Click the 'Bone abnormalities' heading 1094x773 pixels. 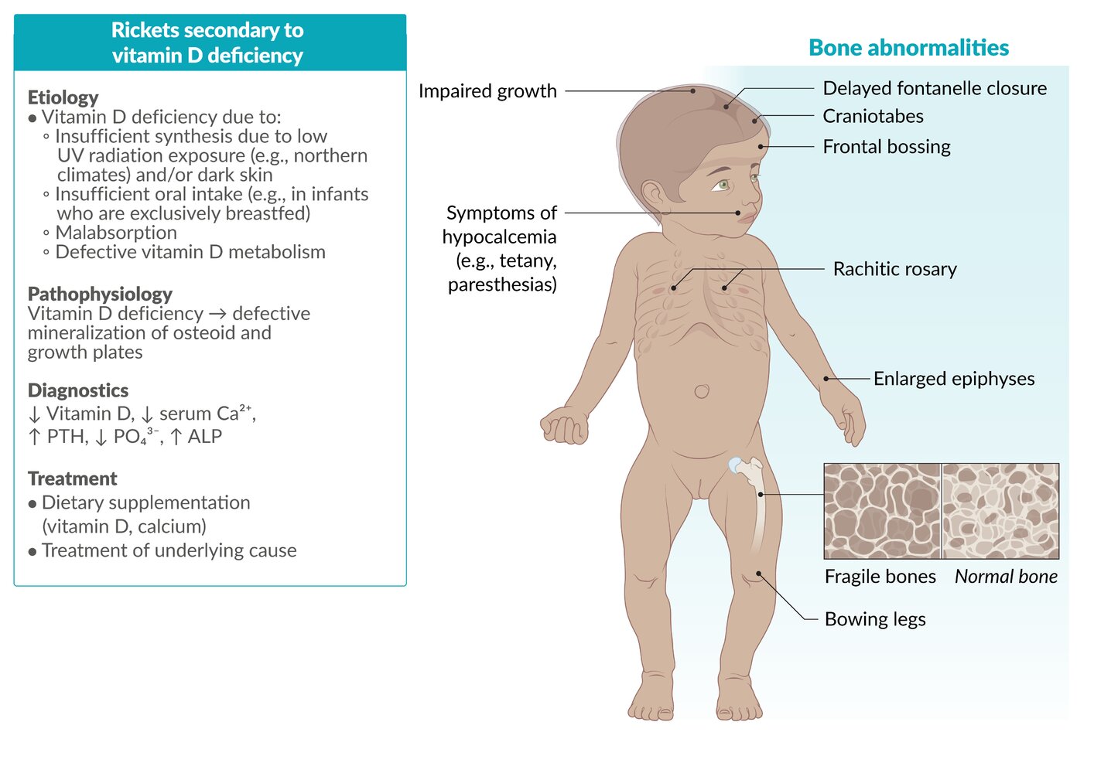[908, 48]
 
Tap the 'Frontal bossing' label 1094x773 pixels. [886, 147]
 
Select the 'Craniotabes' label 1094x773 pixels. [873, 116]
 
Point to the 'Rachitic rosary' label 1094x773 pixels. [894, 269]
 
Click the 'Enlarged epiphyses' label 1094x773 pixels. [953, 379]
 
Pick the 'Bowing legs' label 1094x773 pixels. [874, 619]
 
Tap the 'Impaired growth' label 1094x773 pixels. [487, 91]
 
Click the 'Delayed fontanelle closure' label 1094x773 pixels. [934, 89]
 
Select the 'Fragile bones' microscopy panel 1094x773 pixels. [882, 511]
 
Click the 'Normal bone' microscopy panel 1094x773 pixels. [1000, 511]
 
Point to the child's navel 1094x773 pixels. [702, 391]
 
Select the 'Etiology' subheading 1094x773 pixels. [63, 97]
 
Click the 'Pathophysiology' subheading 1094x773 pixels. [100, 294]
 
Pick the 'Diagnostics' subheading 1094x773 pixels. [78, 390]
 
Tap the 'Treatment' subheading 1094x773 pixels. [73, 478]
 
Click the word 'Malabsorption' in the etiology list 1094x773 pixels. [116, 233]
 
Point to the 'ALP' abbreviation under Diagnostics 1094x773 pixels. [205, 437]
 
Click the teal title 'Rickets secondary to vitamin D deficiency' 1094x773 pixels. [207, 43]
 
